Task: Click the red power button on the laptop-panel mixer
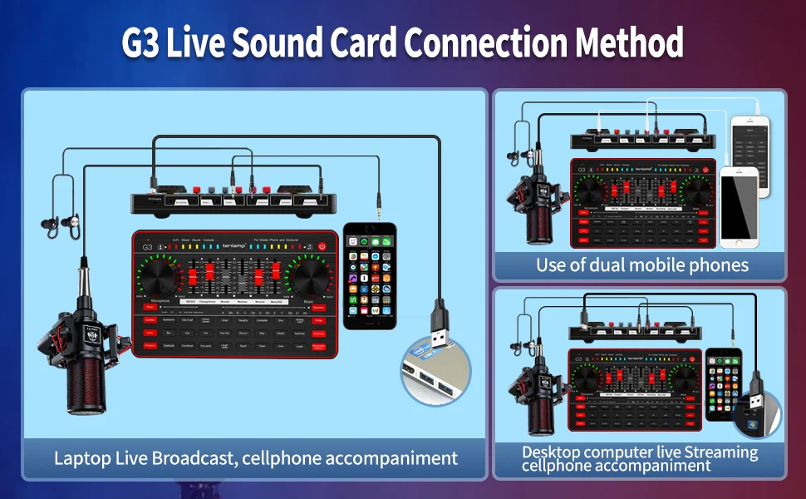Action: pyautogui.click(x=322, y=246)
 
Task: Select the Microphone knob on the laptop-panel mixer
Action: pyautogui.click(x=158, y=277)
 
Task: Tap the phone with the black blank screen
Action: pyautogui.click(x=738, y=207)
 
